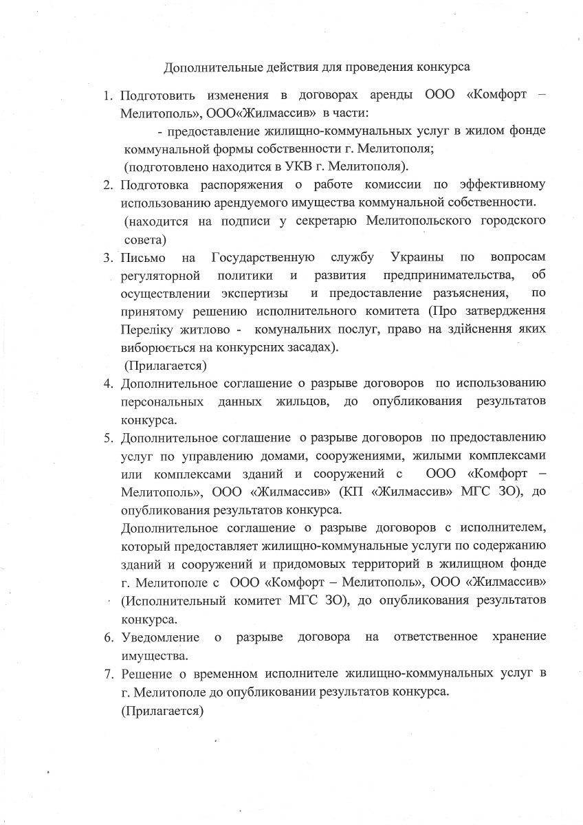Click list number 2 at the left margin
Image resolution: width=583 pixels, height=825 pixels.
(x=108, y=186)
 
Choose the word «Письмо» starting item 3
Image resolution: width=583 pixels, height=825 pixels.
(x=143, y=258)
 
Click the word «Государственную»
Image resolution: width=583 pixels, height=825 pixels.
(x=263, y=258)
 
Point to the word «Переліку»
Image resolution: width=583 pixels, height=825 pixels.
(x=147, y=329)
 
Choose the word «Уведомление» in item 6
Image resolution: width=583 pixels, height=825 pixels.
(x=160, y=637)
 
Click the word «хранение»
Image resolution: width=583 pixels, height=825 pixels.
(x=520, y=637)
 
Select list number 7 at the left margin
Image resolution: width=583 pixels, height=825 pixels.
(x=108, y=673)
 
